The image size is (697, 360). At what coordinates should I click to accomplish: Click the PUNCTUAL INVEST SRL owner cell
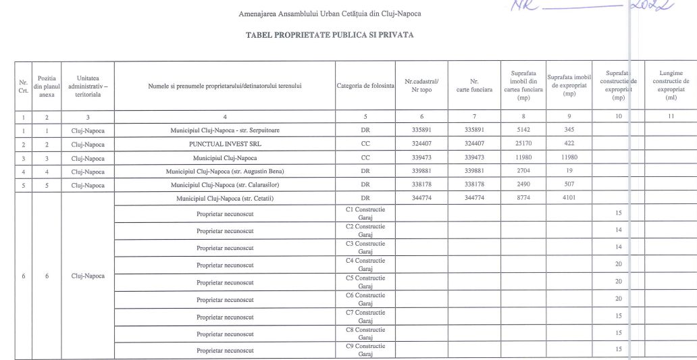[225, 145]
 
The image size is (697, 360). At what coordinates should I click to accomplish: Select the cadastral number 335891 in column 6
[421, 131]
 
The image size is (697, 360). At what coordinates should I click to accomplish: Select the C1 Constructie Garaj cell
[365, 213]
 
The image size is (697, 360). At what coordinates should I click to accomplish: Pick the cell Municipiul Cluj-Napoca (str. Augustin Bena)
[225, 172]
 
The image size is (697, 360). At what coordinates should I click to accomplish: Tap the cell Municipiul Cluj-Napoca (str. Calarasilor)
[225, 185]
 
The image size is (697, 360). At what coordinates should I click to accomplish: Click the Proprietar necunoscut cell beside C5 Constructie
[225, 282]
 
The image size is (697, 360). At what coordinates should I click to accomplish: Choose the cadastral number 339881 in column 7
[475, 172]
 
